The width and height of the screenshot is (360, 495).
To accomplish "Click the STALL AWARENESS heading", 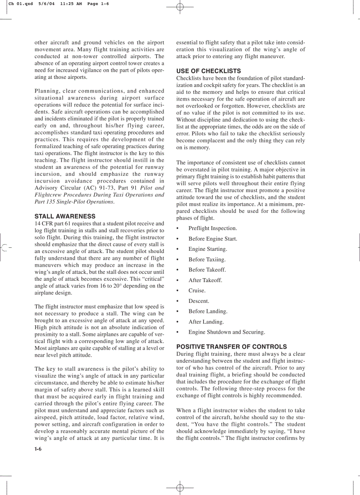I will point(65,216).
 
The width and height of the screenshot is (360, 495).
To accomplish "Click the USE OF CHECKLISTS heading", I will point(209,71).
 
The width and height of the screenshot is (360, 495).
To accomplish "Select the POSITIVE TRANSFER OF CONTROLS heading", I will point(232,347).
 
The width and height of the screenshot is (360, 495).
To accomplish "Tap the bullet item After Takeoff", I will point(205,280).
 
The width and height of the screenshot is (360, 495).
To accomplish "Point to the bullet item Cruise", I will point(197,290).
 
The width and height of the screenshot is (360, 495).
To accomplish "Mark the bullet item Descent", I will point(199,301).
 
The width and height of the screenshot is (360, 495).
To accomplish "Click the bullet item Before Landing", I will point(208,311).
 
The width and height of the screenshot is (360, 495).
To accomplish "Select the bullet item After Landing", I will point(206,322).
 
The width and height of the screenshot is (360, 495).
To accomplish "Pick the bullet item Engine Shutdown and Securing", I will point(226,332).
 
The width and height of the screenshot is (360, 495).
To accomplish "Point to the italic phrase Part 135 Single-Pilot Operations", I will point(74,202).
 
